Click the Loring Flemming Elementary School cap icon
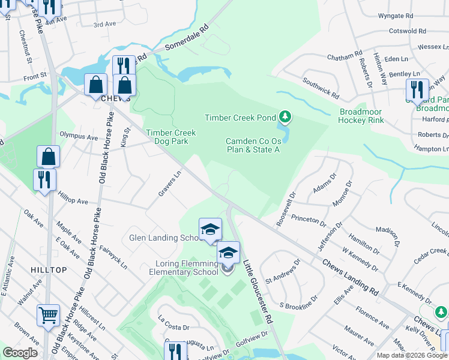(228, 252)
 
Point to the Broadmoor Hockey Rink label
(360, 116)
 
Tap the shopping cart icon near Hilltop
(48, 314)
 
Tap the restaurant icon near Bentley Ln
(417, 89)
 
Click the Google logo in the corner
(20, 353)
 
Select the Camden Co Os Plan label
(253, 145)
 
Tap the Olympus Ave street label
(78, 137)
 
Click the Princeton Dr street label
(307, 220)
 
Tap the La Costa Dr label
(173, 328)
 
